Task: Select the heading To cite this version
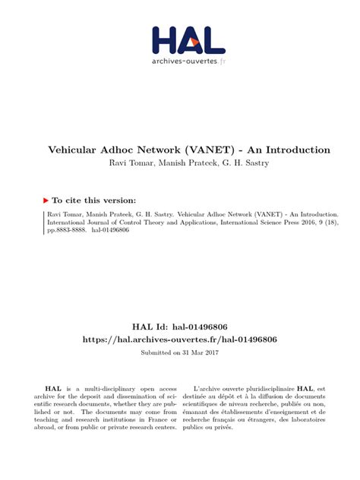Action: [x=94, y=200]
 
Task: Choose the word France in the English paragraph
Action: [x=152, y=417]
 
